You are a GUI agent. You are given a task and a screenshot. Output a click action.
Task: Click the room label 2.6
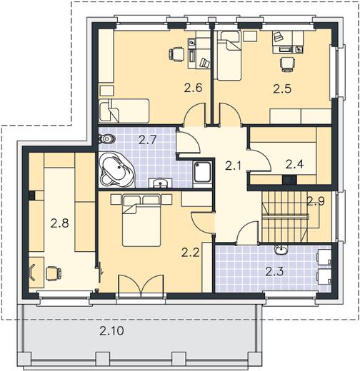pos(193,88)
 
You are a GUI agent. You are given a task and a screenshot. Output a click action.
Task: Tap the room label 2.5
pos(282,88)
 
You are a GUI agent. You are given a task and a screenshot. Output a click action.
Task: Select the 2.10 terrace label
pos(111,331)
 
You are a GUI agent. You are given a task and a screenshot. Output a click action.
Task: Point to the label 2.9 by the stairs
pos(316,201)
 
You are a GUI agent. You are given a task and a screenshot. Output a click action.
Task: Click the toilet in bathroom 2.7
pos(107,138)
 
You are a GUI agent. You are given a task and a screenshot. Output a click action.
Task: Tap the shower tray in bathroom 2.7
pos(202,172)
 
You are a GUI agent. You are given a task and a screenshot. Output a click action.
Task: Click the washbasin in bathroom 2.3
pos(281,250)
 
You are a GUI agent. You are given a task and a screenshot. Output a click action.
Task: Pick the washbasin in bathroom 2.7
pos(160,183)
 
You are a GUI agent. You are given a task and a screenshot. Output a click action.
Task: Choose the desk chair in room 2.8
pos(54,273)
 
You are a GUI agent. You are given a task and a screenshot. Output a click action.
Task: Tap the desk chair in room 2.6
pos(176,54)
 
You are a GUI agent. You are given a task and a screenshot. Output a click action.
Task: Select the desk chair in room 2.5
pos(287,64)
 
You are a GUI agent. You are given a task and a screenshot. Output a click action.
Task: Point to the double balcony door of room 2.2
pos(141,285)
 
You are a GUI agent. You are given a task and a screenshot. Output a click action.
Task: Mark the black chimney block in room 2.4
pos(289,179)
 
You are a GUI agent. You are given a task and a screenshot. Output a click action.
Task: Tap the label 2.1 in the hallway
pos(234,166)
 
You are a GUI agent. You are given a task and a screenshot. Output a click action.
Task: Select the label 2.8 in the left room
pos(59,223)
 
